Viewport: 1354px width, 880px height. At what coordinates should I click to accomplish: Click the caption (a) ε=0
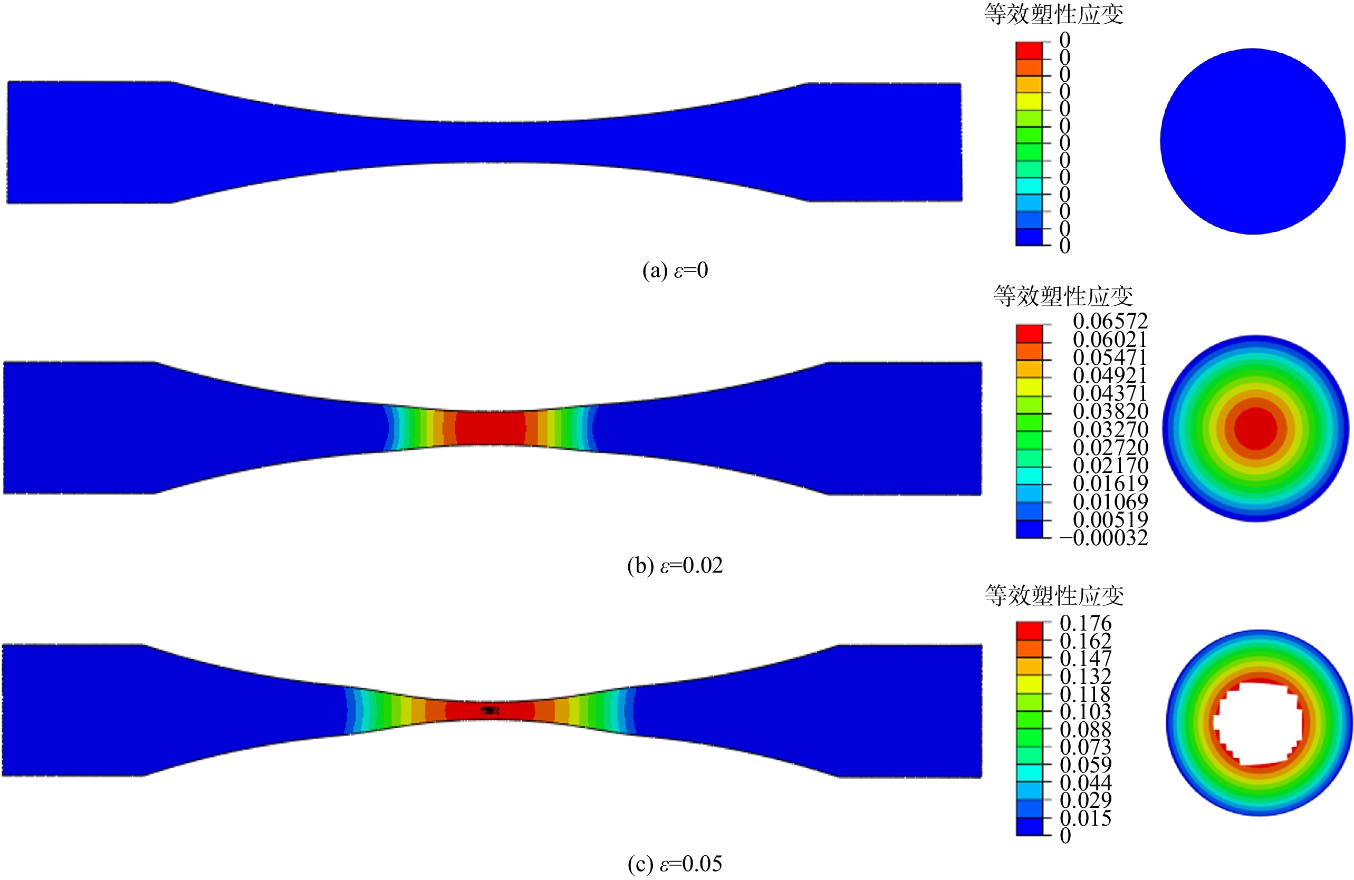[675, 270]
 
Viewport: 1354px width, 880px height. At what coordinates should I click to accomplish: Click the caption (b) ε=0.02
[675, 565]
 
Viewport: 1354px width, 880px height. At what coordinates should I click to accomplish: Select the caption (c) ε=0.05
[675, 864]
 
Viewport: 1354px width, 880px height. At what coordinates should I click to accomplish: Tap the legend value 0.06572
[1110, 322]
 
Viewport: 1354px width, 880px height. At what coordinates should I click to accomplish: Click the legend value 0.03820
[1110, 411]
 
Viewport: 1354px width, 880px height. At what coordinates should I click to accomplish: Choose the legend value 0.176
[1086, 623]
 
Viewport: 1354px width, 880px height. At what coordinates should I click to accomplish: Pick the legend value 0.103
[1086, 712]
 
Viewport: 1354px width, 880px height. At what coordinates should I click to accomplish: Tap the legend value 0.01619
[1110, 483]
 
